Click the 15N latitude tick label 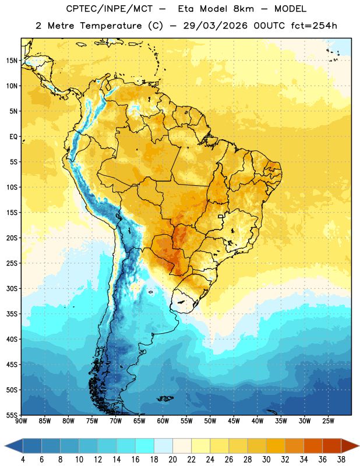pos(12,61)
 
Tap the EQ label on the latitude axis pos(13,137)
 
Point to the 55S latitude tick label pos(12,415)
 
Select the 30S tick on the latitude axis pos(12,288)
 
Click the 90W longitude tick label pos(21,421)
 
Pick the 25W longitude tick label pos(328,421)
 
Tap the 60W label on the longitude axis pos(163,421)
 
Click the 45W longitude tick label pos(234,421)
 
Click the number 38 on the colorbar pos(341,460)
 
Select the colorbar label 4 pos(23,460)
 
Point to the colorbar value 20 pos(172,460)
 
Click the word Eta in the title pos(186,9)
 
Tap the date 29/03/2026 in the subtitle pos(215,26)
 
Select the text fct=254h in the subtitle pos(314,26)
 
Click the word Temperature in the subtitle pos(111,26)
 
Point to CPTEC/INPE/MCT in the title pos(110,9)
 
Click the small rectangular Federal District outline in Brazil pos(221,216)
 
